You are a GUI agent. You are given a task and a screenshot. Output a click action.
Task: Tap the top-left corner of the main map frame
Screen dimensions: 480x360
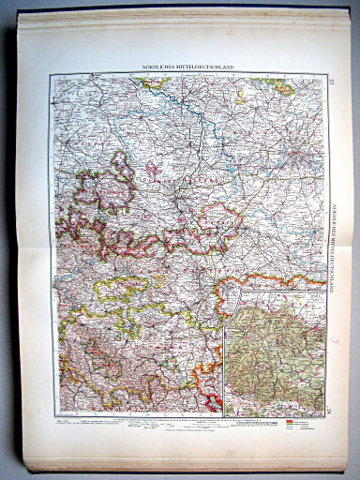54,75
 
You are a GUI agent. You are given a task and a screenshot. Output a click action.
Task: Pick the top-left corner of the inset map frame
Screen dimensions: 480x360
225,293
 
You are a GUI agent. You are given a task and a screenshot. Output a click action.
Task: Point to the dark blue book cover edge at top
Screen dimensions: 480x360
187,4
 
